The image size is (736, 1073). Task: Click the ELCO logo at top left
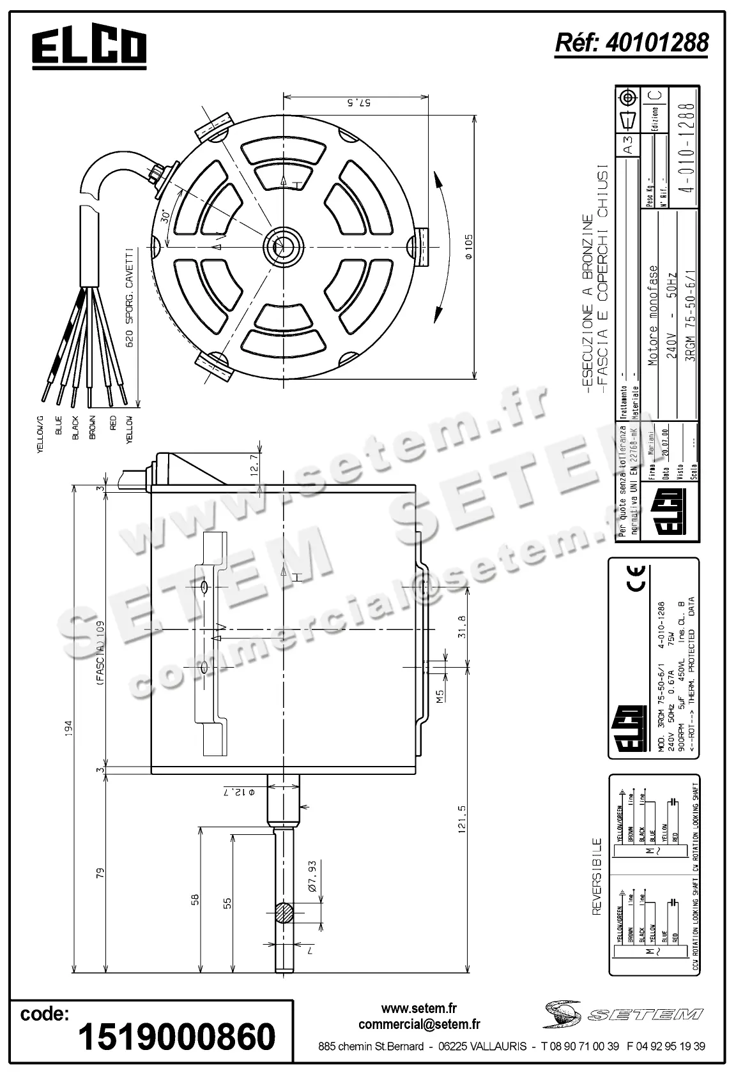coord(89,48)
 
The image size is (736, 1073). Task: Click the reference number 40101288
coord(631,43)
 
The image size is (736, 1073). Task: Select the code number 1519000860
coord(177,1036)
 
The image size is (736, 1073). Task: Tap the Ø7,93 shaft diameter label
coord(312,875)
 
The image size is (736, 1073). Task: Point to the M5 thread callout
coord(440,696)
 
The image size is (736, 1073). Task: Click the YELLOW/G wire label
coord(40,434)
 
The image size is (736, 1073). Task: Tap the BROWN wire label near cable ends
coord(93,428)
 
